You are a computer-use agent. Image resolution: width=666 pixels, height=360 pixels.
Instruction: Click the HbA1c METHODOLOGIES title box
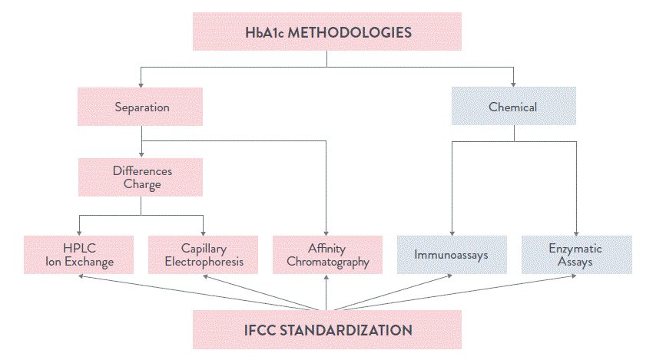click(x=327, y=33)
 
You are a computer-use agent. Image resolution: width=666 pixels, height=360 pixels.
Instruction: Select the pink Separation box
click(x=140, y=106)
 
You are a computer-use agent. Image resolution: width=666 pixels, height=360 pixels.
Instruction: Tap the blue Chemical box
click(x=513, y=106)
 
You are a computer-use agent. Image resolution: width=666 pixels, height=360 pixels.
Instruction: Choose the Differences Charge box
click(x=140, y=177)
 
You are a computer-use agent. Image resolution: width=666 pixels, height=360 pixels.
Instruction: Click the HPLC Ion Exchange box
click(x=79, y=256)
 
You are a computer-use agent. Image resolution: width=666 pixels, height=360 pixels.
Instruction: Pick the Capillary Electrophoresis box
click(x=203, y=256)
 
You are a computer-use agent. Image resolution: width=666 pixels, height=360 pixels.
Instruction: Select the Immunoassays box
click(x=452, y=254)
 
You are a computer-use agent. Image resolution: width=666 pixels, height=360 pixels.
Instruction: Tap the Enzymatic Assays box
click(x=576, y=256)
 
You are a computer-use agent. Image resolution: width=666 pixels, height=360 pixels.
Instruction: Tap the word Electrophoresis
click(x=203, y=262)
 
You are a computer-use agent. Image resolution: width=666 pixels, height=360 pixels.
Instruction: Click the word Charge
click(x=140, y=183)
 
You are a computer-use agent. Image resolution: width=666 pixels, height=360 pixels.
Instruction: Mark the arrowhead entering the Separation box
click(x=140, y=84)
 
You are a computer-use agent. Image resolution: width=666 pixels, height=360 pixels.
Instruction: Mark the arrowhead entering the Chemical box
click(x=513, y=84)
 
